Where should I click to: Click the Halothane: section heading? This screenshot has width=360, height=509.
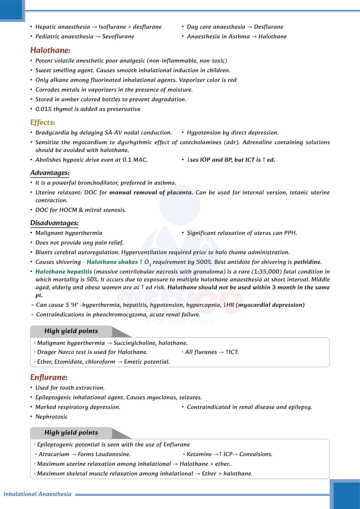coord(50,50)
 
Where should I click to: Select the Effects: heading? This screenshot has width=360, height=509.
coord(43,122)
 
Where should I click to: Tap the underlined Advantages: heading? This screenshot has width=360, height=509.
coord(50,173)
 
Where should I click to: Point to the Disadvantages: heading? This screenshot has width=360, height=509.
coord(54,223)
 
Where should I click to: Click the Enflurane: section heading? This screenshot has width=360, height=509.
coord(49,377)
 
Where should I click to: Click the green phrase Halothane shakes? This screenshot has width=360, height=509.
coord(112,262)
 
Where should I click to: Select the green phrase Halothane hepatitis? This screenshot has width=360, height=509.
coord(63,272)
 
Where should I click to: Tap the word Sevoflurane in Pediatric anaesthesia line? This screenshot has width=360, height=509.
coord(118,37)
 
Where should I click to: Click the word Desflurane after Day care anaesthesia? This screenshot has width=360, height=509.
coord(268,27)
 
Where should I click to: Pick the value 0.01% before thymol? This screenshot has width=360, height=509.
coord(43,109)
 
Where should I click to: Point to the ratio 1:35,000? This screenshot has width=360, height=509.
coord(266,272)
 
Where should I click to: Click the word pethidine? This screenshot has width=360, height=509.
coord(307,262)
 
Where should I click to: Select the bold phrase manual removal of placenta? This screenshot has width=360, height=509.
coord(151,193)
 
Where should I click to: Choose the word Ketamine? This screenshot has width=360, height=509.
coord(199,454)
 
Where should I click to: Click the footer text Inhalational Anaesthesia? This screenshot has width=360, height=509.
coord(37,494)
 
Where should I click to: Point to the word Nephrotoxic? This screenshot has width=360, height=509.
coord(51,417)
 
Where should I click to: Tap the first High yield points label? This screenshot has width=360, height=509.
coord(71,331)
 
